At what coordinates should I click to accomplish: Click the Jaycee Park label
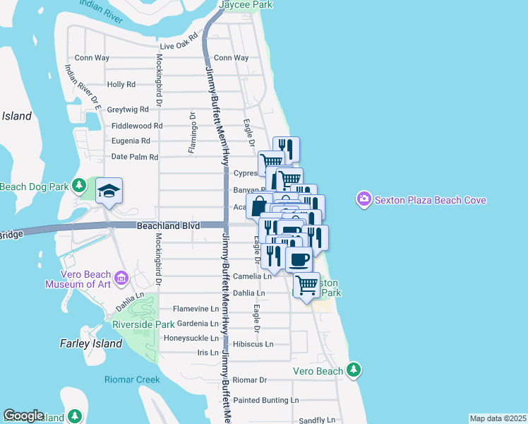coord(245,4)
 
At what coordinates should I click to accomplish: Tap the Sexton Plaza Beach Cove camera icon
coord(364,200)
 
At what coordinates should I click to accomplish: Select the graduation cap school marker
coord(109,191)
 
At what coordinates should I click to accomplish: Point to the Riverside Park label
coord(143,324)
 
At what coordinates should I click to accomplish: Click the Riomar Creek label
coord(132,379)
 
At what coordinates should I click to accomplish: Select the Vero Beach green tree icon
coord(354,370)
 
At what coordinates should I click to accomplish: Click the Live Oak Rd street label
coord(179,45)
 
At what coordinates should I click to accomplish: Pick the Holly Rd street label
coord(121,84)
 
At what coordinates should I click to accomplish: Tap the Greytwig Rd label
coord(128,110)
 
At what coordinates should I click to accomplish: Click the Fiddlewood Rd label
coord(137,126)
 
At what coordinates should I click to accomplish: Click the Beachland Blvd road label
coord(168,225)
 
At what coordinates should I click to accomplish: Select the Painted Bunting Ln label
coord(266,400)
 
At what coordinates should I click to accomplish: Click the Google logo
coord(23,416)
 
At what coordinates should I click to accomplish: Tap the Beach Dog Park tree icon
coord(80,186)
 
